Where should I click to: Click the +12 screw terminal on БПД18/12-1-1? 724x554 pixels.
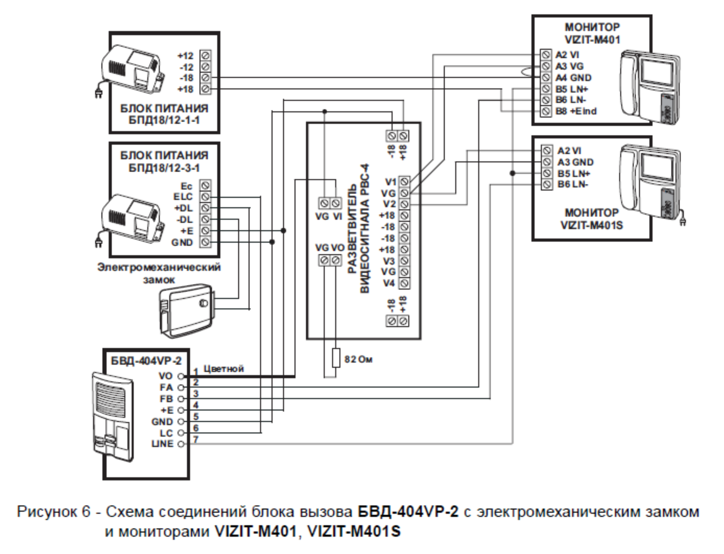(x=205, y=55)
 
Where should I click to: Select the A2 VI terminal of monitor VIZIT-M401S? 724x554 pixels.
(x=547, y=151)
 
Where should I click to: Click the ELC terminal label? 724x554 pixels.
(x=183, y=197)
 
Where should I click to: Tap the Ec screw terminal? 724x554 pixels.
(x=205, y=185)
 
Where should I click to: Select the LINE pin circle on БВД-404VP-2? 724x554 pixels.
(x=181, y=444)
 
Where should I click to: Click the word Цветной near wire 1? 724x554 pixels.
(x=223, y=369)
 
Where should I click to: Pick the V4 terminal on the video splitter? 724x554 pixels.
(x=404, y=283)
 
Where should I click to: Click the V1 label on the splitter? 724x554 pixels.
(x=391, y=182)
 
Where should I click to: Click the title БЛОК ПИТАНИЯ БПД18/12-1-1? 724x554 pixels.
(x=164, y=114)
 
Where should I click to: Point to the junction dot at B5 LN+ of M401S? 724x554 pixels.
(x=512, y=173)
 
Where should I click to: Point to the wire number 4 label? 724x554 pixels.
(x=196, y=405)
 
